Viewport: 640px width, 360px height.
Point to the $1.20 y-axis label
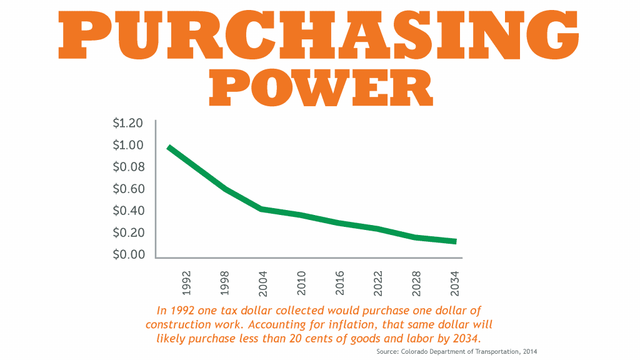click(x=128, y=123)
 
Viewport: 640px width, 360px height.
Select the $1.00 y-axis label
click(x=128, y=145)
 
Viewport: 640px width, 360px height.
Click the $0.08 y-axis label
click(x=128, y=167)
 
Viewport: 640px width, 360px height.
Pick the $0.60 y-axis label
click(x=128, y=189)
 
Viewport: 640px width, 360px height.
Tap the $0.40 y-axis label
click(x=128, y=211)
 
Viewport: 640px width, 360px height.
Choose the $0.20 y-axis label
click(x=128, y=232)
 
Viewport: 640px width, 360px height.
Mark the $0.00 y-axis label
click(x=128, y=254)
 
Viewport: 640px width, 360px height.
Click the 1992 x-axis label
click(x=187, y=282)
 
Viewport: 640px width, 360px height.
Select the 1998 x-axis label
click(x=225, y=282)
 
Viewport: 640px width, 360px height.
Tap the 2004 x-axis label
click(x=263, y=282)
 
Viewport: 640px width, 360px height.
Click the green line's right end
click(x=454, y=241)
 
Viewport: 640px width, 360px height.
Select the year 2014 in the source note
click(x=529, y=352)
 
